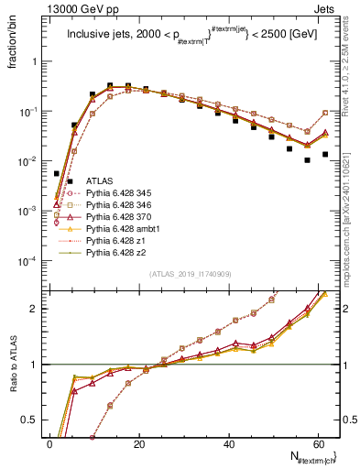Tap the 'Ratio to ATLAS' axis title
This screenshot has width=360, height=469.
[12, 362]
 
